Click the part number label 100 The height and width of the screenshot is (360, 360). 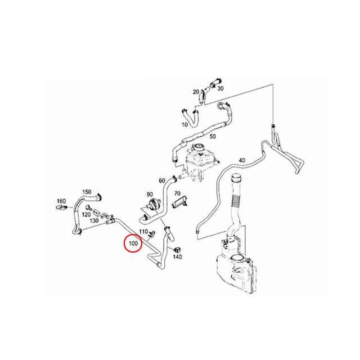tap(133, 243)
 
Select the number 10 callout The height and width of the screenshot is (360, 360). tap(185, 125)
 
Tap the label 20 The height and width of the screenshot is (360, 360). tap(196, 92)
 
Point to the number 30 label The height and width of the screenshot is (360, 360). tap(220, 88)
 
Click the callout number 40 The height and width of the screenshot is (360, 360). tap(242, 160)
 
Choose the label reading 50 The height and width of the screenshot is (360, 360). tap(213, 136)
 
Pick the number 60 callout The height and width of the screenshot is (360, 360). tap(162, 181)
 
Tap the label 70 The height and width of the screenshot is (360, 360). tap(177, 193)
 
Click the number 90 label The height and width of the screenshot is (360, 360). tap(150, 195)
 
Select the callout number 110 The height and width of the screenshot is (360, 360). tap(143, 232)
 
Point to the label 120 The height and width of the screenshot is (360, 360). tap(86, 215)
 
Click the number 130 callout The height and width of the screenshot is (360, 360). tap(94, 220)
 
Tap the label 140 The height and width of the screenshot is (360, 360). tap(178, 256)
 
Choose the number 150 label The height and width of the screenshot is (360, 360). tap(87, 192)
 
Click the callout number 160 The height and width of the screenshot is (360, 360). tap(61, 201)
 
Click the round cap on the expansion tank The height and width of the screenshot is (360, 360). tap(197, 147)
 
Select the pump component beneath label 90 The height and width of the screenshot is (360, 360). tap(152, 205)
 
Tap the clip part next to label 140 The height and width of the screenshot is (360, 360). tap(177, 250)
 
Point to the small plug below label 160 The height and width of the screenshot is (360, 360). tap(60, 208)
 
